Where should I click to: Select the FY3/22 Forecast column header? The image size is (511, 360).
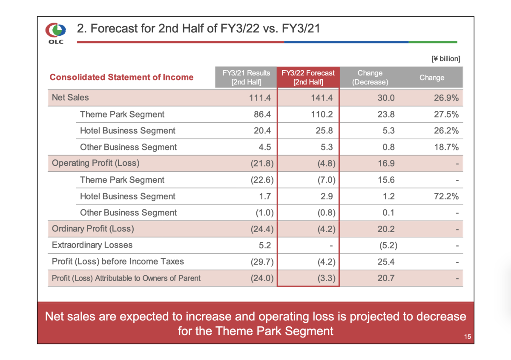click(308, 78)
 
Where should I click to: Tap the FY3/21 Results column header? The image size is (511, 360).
click(246, 78)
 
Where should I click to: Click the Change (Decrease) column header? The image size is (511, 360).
click(370, 78)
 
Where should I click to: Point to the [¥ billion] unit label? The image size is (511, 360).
click(446, 59)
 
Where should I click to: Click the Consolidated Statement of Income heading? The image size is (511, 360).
click(121, 77)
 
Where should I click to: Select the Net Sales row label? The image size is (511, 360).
click(70, 98)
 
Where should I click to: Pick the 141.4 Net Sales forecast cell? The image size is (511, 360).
click(325, 98)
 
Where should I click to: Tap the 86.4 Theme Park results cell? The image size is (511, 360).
click(262, 114)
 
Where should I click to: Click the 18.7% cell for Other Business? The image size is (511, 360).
click(446, 147)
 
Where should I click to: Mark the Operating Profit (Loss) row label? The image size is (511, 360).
click(95, 163)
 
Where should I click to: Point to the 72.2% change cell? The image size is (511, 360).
click(446, 196)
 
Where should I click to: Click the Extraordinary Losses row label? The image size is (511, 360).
click(92, 245)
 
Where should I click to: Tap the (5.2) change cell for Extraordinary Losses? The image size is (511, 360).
click(388, 245)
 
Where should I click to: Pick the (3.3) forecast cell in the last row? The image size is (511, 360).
click(326, 278)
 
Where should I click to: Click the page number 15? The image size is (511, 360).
click(467, 337)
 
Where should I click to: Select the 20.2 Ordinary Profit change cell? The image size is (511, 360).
click(387, 229)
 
